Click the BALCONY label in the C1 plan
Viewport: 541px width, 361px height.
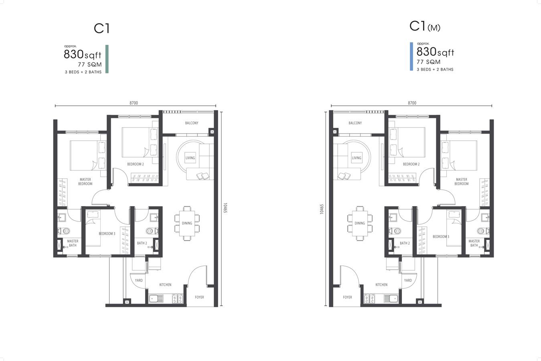coord(192,123)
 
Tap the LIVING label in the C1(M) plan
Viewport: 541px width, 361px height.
coord(357,158)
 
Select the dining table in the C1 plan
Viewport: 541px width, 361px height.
coord(187,223)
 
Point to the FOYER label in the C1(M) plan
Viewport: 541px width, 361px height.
coord(347,297)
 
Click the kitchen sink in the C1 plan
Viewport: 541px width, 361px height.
coord(156,299)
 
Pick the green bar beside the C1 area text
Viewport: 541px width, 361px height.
coord(107,59)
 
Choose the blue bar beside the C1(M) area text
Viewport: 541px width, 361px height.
coord(411,57)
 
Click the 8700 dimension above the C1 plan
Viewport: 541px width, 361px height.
coord(134,103)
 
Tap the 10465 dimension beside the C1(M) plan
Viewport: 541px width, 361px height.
coord(322,209)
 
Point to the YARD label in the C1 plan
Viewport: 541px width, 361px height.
coord(139,280)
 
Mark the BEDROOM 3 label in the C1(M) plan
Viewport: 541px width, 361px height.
coord(441,237)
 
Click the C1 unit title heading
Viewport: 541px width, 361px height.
coord(102,28)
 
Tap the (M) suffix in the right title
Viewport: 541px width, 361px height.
coord(434,28)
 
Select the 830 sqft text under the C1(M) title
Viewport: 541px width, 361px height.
coord(435,52)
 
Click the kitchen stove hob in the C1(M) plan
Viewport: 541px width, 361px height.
coord(369,299)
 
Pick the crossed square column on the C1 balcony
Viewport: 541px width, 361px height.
coord(212,132)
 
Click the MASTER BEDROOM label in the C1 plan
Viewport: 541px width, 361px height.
coord(85,181)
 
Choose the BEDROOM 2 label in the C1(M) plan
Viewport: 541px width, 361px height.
coord(411,164)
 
